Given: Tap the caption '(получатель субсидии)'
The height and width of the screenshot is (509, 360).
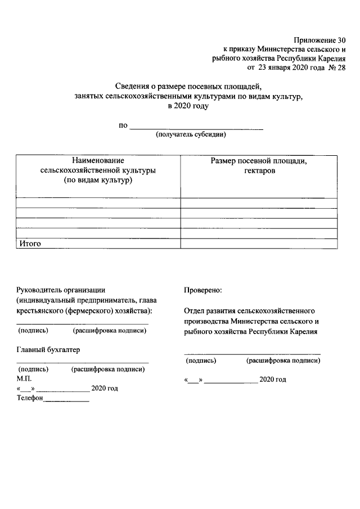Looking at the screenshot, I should coord(191,135).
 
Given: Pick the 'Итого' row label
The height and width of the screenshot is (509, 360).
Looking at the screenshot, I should coord(30,244).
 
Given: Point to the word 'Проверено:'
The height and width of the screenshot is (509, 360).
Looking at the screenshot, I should coord(202,290).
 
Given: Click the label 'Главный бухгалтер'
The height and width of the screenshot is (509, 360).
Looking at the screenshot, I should coord(48,349).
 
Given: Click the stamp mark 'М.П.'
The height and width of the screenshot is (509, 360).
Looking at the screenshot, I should coord(25,379).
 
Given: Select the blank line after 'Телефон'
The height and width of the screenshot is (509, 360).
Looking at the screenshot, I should coord(66,400).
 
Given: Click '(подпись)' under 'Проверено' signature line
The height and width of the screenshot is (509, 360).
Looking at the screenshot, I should coord(200,361).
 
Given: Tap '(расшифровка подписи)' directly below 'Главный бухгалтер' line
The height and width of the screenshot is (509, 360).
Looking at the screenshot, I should coord(108,370).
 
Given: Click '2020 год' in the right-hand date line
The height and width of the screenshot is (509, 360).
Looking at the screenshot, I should coord(273,380).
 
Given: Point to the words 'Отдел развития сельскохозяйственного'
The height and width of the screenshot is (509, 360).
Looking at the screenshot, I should coord(249,310).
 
